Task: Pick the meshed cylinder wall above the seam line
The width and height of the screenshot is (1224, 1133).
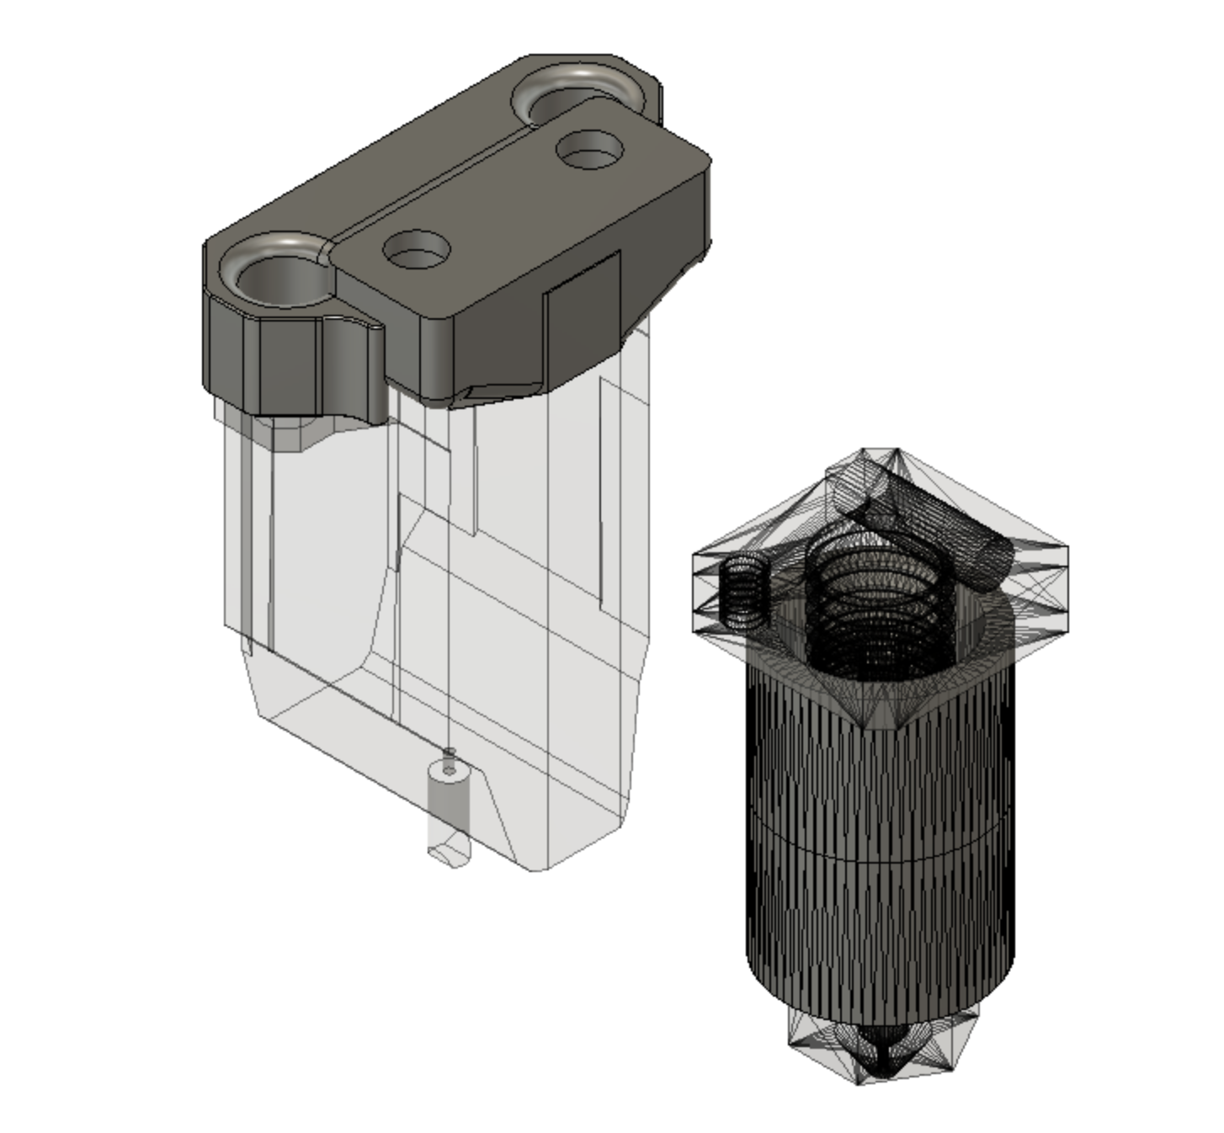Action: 881,758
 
